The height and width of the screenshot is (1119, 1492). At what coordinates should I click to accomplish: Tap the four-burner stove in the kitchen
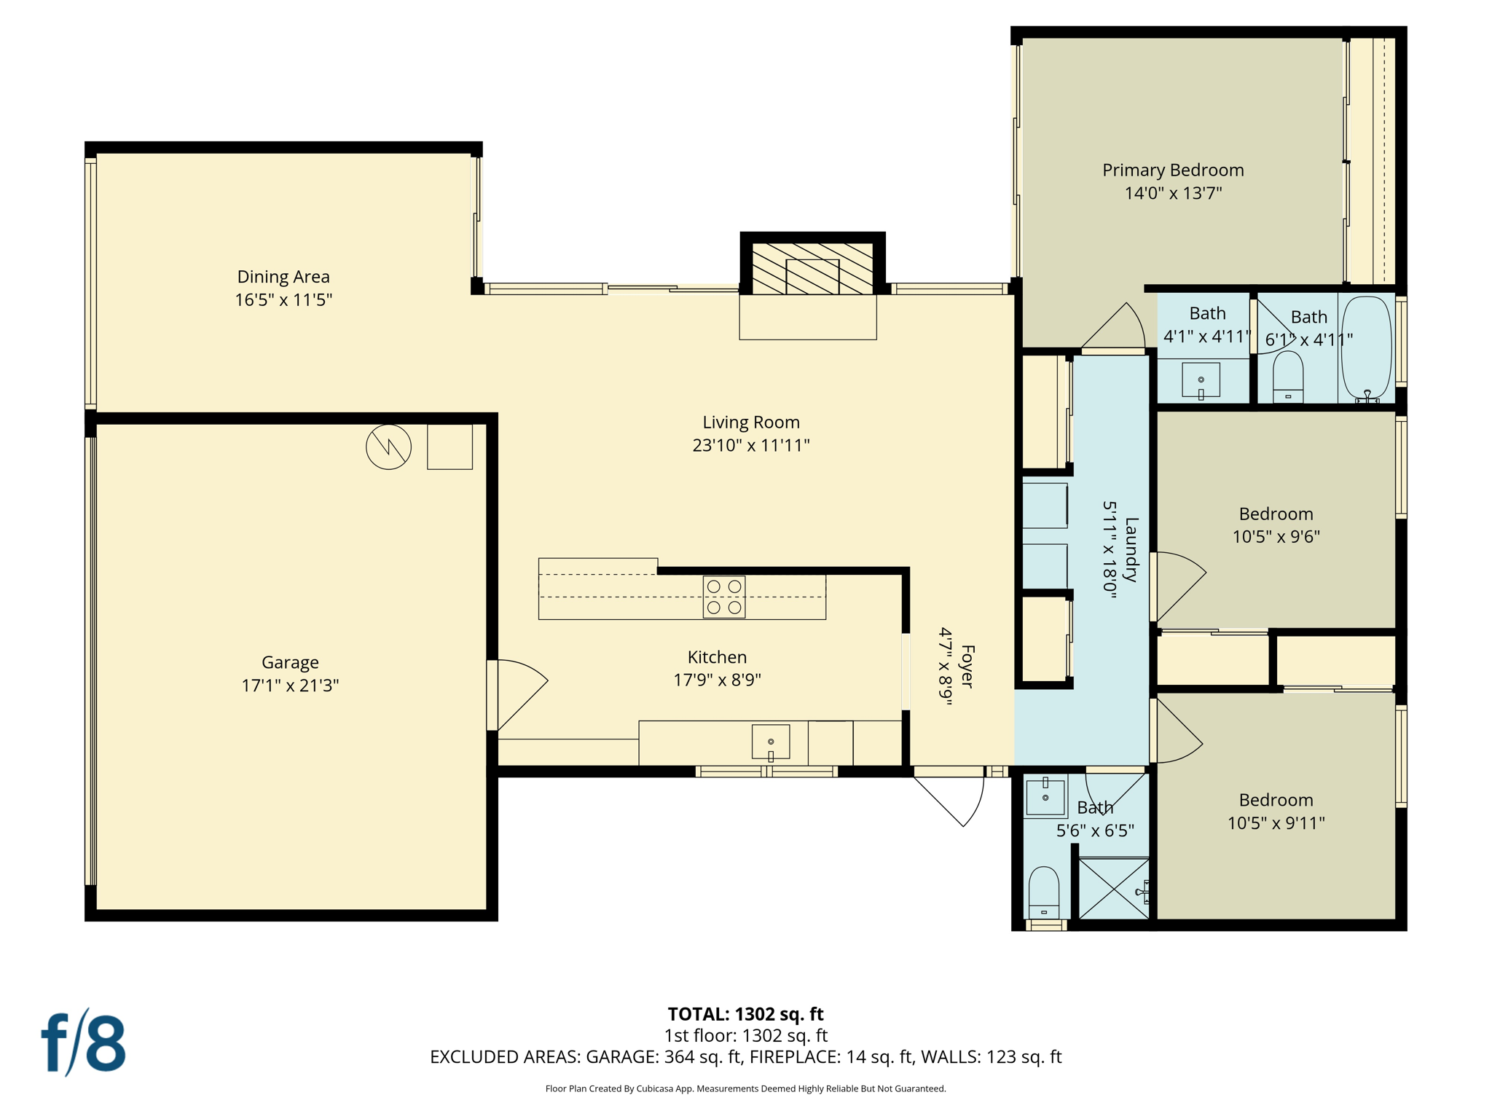[723, 597]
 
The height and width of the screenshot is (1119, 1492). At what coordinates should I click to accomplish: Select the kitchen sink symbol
[770, 742]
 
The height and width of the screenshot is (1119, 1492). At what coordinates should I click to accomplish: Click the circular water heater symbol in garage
[388, 447]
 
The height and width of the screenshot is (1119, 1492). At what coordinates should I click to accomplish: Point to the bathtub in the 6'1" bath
[1366, 348]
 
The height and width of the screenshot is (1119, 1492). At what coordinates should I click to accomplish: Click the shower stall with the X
[1112, 888]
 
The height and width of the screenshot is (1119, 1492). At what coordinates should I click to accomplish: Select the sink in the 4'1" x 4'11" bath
[1201, 380]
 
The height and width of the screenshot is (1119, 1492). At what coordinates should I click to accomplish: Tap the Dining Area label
[283, 277]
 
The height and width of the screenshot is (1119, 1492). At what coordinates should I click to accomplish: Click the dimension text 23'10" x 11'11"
[750, 445]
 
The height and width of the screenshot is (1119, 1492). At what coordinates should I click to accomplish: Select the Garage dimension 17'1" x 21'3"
[290, 686]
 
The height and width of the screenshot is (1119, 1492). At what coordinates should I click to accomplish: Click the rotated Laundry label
[1131, 549]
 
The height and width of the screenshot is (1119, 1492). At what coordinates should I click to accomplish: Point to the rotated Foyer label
[967, 666]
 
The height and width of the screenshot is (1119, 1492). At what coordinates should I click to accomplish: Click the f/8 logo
[83, 1043]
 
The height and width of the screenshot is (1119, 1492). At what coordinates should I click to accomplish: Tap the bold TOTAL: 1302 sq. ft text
[745, 1014]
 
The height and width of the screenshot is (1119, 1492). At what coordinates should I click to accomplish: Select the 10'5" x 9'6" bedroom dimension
[1276, 537]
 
